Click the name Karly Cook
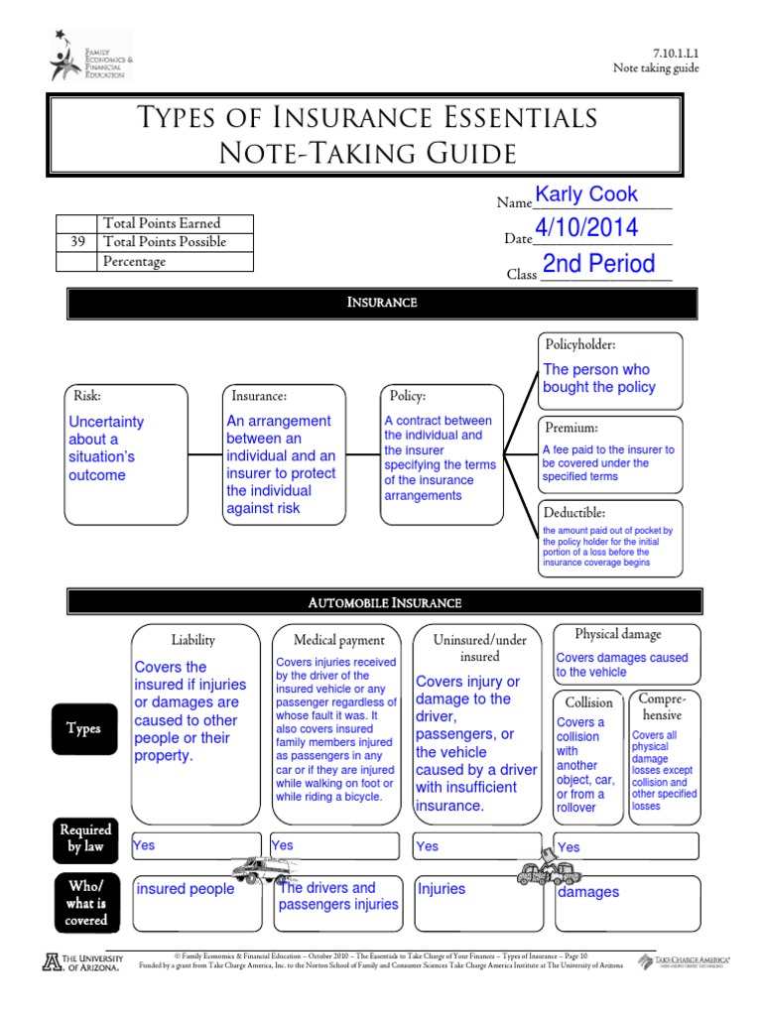tap(586, 194)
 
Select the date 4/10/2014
tap(586, 228)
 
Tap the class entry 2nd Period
tap(598, 264)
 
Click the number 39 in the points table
tap(76, 242)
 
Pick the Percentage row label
tap(134, 262)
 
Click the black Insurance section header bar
tap(382, 303)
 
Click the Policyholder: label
tap(580, 345)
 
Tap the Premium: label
tap(571, 428)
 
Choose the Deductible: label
tap(574, 512)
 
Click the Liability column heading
tap(192, 640)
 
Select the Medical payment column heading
tap(339, 640)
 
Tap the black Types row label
tap(83, 728)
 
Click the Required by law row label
tap(85, 837)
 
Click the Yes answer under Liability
tap(144, 845)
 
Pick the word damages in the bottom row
tap(588, 892)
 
